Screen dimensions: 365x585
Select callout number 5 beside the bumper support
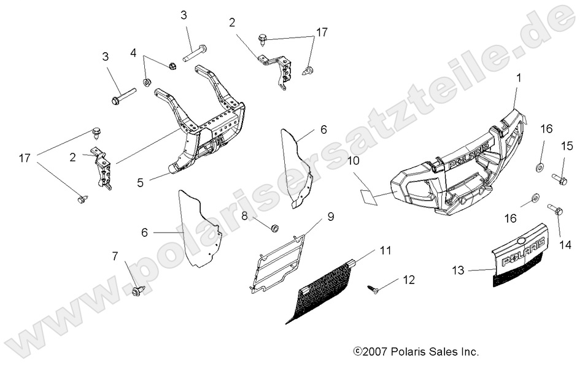[x=141, y=182]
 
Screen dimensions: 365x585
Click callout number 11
[x=385, y=250]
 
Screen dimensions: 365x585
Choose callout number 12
[x=409, y=280]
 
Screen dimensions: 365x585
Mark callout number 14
[x=565, y=244]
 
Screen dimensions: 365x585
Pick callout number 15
[x=567, y=146]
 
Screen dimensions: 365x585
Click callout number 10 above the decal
[x=353, y=161]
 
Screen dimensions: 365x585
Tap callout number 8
[x=244, y=216]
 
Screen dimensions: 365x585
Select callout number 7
[x=115, y=255]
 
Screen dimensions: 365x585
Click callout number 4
[x=133, y=53]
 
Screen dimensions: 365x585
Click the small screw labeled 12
[x=372, y=289]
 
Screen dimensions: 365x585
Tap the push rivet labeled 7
[x=138, y=291]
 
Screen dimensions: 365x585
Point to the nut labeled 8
[x=274, y=228]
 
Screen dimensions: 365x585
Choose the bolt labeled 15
[x=559, y=180]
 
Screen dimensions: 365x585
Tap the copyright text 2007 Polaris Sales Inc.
[x=416, y=352]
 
